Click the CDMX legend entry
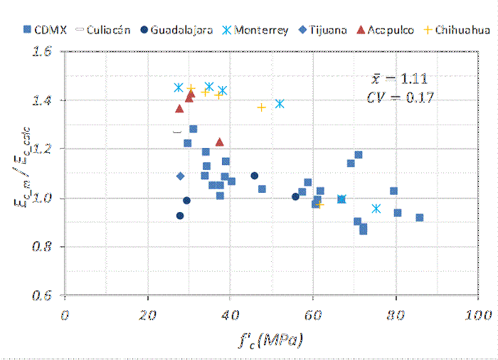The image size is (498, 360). point(43,31)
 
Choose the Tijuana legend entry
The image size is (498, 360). point(324,31)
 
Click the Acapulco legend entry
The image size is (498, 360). point(385,31)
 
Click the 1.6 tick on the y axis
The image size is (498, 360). point(43,52)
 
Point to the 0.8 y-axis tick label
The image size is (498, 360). point(43,247)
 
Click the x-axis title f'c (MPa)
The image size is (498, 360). point(268,339)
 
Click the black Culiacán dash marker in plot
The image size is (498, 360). point(177,132)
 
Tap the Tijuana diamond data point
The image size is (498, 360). point(180,176)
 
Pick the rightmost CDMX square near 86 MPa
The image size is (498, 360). point(420,218)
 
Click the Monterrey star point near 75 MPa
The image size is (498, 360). point(376,208)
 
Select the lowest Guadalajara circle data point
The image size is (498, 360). point(180,216)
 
